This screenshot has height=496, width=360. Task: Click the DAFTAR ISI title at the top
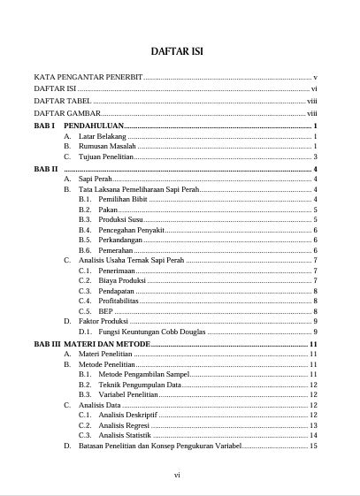180,51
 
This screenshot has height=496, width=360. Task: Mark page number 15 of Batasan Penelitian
314,446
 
